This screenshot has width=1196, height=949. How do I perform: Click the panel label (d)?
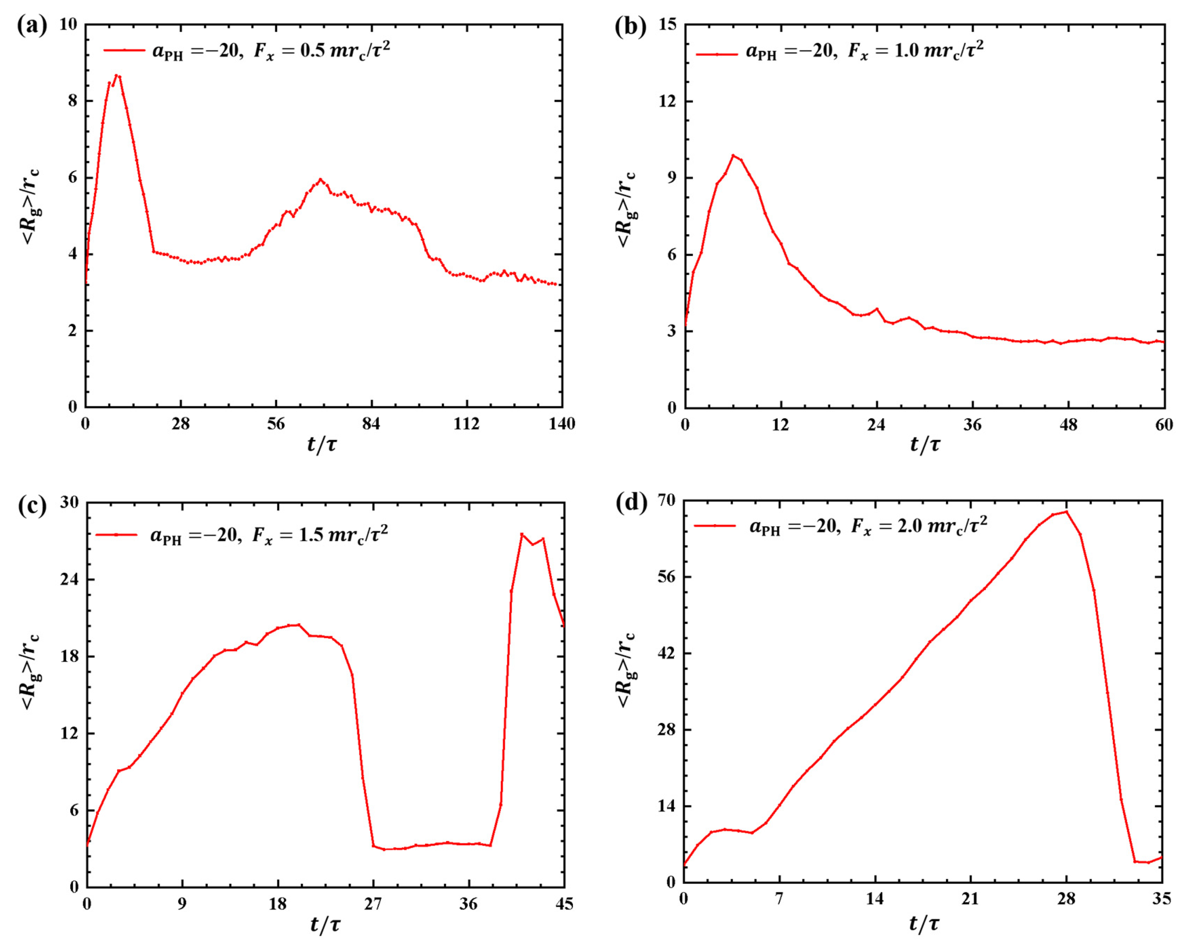631,503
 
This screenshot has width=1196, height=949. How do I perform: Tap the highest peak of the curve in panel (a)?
116,75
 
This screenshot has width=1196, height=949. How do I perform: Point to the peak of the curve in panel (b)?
733,155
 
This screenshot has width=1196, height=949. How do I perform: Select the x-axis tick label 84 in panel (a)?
371,424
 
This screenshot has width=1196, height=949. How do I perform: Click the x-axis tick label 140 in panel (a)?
562,424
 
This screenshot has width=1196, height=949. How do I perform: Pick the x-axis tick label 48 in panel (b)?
1068,425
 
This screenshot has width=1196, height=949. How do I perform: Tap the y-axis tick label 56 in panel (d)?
666,577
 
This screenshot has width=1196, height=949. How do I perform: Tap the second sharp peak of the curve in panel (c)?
521,534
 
